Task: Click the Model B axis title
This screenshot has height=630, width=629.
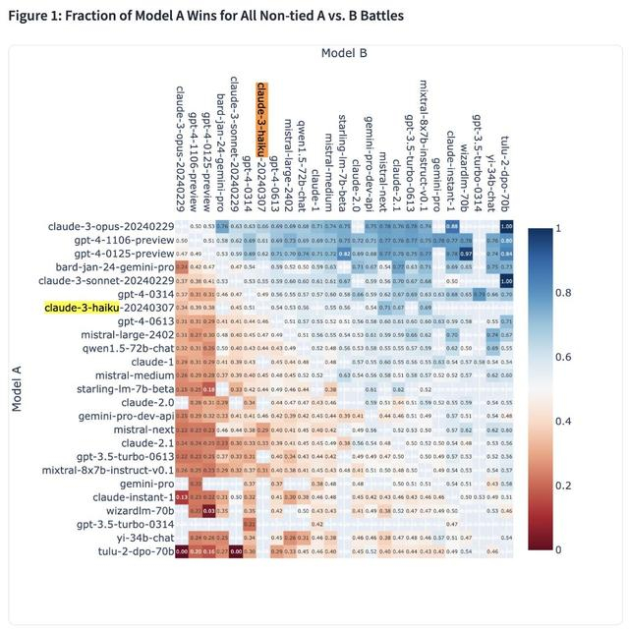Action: point(343,52)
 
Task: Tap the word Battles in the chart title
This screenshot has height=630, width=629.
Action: point(375,16)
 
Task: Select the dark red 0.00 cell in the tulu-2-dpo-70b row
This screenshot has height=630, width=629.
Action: point(236,551)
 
